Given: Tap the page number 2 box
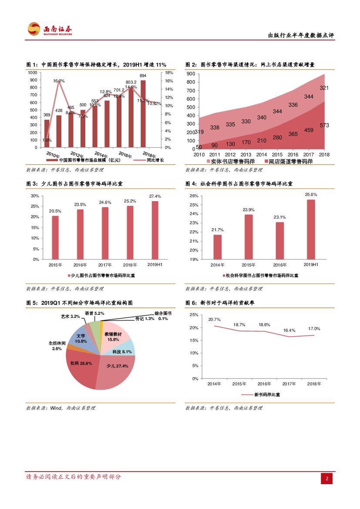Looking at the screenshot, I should (x=327, y=479).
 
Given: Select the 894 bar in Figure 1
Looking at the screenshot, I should (x=143, y=113).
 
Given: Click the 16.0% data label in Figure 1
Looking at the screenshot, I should (x=59, y=81).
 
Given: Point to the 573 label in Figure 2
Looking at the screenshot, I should (x=324, y=125).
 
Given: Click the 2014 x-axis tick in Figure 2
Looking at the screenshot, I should (x=261, y=155).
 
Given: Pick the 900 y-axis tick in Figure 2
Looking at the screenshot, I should (x=190, y=74).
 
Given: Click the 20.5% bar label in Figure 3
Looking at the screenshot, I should (x=55, y=211).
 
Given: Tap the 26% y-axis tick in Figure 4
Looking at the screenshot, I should (x=194, y=196).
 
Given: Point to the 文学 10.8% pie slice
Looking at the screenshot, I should (x=81, y=338).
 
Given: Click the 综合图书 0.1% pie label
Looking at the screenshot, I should (x=163, y=316).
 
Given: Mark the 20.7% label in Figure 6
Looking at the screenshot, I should (x=214, y=320).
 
